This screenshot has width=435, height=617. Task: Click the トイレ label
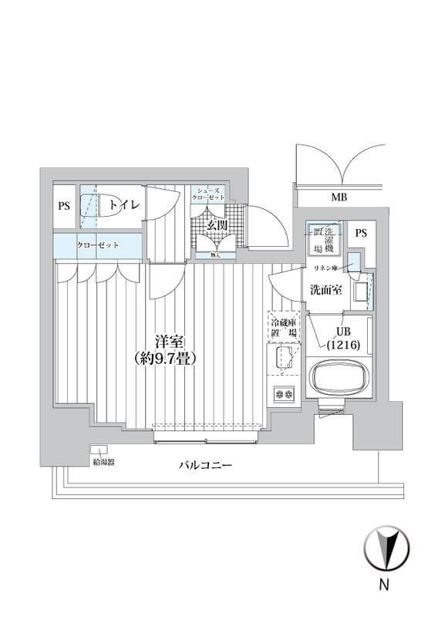point(123,205)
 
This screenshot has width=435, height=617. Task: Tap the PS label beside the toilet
point(64,206)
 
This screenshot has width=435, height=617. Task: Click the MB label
point(339,197)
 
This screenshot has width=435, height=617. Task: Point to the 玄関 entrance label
point(217,225)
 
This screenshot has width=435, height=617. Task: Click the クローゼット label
point(97,245)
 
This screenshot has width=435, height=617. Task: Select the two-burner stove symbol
point(284,394)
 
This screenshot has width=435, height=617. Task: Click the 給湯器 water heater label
point(103,463)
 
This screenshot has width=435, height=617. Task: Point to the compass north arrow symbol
point(386,548)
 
